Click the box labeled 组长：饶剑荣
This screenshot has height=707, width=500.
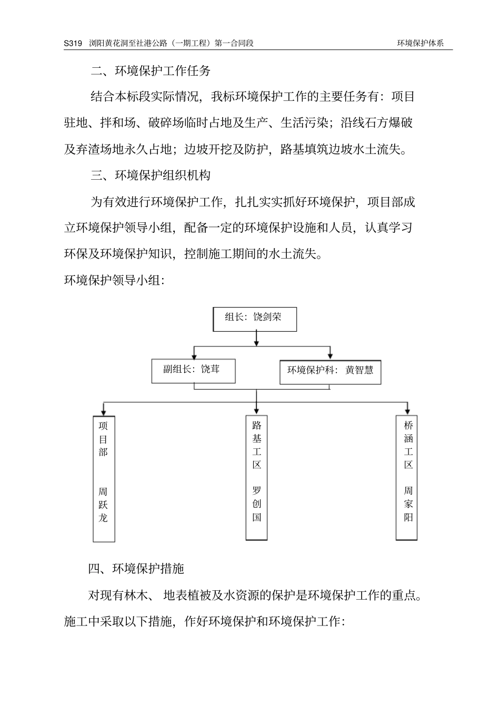tap(254, 319)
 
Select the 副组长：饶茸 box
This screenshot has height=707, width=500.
tap(193, 371)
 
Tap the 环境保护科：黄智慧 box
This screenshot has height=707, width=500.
tap(330, 372)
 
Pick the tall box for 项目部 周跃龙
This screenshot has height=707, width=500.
tap(104, 478)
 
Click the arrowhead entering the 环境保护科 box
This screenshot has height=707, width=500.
tap(330, 356)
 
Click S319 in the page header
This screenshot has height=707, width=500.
tap(73, 43)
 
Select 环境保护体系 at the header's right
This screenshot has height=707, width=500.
tap(421, 43)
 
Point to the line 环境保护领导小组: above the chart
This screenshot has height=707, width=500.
tap(114, 280)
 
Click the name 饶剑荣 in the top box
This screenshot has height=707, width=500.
tap(267, 317)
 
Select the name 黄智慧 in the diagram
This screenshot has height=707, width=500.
tap(359, 370)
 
